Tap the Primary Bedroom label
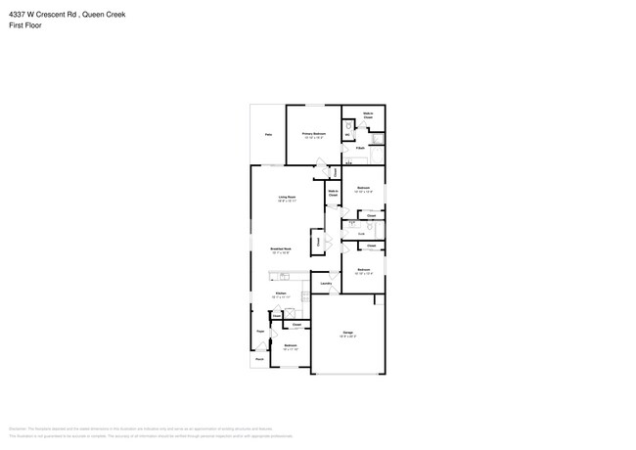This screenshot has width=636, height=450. tap(313, 134)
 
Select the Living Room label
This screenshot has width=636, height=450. tap(287, 198)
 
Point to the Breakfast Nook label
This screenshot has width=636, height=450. tap(282, 249)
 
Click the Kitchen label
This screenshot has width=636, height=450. tap(280, 293)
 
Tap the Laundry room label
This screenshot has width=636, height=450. tap(326, 284)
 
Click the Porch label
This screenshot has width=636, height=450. tap(260, 360)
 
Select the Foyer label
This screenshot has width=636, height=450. tap(261, 333)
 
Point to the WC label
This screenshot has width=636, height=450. tap(347, 135)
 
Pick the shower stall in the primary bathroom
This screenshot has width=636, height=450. tap(379, 154)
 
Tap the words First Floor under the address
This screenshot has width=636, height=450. tap(24, 26)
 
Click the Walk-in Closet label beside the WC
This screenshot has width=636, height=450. tap(368, 115)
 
